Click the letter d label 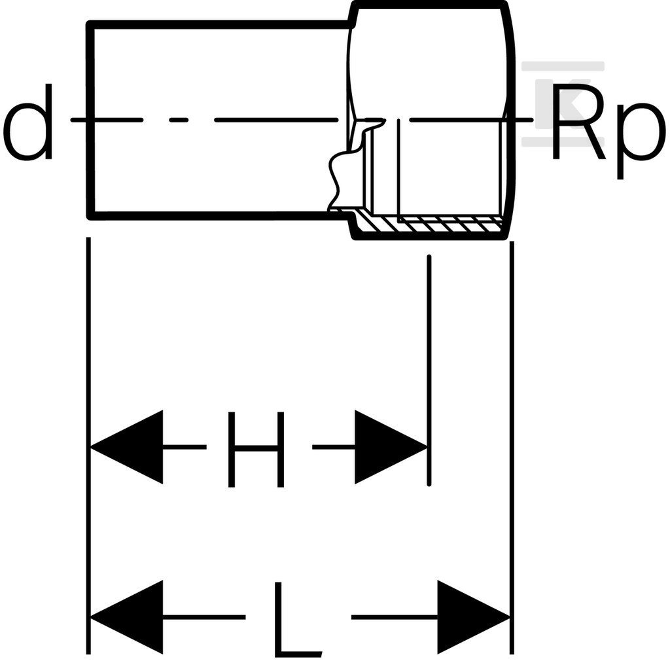tap(28, 122)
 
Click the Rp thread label tap(608, 131)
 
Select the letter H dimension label tap(256, 449)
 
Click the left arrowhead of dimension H tap(126, 447)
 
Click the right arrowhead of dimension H tap(391, 447)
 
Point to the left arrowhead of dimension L tap(126, 617)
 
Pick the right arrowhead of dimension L tap(474, 617)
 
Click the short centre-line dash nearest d tap(179, 120)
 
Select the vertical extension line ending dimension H tap(429, 370)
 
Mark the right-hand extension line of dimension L tap(512, 448)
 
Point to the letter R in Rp tap(579, 121)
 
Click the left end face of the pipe tap(90, 120)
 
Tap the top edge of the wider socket tap(429, 5)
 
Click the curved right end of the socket tap(510, 120)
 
